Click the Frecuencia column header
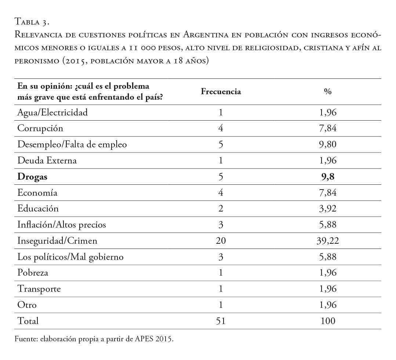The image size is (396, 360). [221, 92]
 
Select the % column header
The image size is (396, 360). [328, 92]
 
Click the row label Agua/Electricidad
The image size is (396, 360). [52, 113]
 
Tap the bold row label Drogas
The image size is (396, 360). [32, 177]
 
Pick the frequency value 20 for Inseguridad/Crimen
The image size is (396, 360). [221, 241]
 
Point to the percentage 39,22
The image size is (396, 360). [328, 241]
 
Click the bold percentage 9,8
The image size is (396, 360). [328, 177]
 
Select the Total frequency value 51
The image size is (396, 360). [221, 321]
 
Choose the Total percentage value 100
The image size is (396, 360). [328, 321]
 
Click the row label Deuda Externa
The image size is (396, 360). [47, 161]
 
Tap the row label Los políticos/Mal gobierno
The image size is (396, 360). [70, 257]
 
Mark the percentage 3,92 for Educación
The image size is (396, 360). [328, 209]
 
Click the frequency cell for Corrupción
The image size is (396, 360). [221, 129]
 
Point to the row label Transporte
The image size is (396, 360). [39, 289]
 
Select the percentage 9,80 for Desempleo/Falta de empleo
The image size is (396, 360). [328, 144]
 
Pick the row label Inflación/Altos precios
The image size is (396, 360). [62, 225]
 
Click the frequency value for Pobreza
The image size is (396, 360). [221, 273]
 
